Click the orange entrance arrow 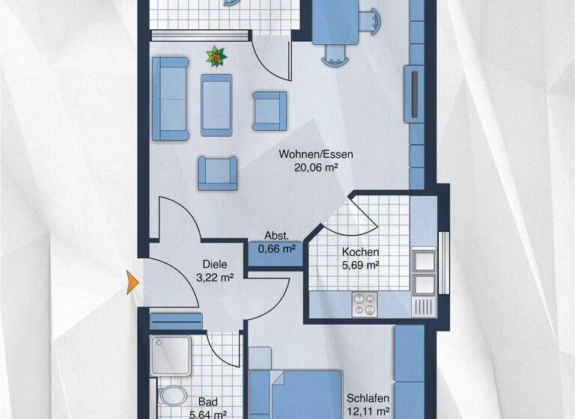(x=133, y=281)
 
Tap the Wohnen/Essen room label (x=305, y=155)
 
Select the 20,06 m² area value (x=305, y=168)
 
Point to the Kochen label (x=360, y=252)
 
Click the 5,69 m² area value (x=360, y=265)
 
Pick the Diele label (x=215, y=264)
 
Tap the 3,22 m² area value (x=215, y=277)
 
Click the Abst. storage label (x=277, y=236)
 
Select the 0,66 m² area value (x=277, y=248)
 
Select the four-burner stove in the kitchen (x=365, y=304)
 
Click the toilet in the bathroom (x=173, y=396)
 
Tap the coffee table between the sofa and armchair (x=217, y=104)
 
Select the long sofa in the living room (x=170, y=98)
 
